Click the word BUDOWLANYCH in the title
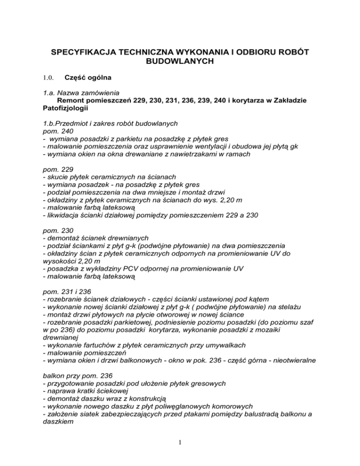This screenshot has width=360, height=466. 180,61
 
